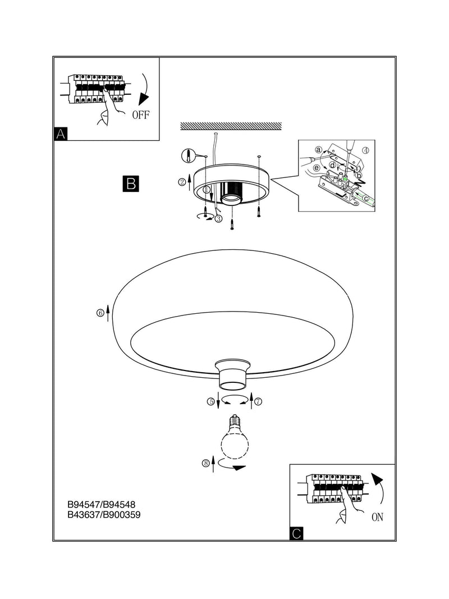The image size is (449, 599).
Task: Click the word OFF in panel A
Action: (x=141, y=115)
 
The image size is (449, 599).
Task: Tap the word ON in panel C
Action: (x=377, y=517)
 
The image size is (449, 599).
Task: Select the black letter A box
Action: (x=61, y=134)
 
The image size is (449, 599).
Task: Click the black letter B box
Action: (x=131, y=184)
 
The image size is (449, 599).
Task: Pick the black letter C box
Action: (x=296, y=533)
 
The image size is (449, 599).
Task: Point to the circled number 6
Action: (x=100, y=313)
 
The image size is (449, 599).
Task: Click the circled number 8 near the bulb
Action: (x=205, y=463)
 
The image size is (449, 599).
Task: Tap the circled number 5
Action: (x=211, y=401)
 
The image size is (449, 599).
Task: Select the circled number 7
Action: (x=259, y=401)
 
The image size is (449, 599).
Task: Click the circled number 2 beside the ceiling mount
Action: (x=182, y=182)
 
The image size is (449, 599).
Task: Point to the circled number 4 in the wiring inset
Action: (x=365, y=150)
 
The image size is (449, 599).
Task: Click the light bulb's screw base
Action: (x=234, y=422)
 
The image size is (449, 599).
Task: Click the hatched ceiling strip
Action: (x=231, y=126)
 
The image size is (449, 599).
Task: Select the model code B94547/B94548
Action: (x=101, y=505)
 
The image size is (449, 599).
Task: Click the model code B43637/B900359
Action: (x=104, y=515)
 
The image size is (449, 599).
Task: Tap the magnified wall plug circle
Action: (x=188, y=156)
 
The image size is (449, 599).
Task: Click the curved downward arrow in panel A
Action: (x=144, y=89)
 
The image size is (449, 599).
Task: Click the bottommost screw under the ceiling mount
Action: (x=232, y=225)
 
